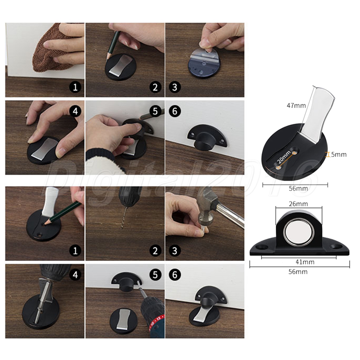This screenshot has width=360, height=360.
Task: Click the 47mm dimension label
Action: click(296, 105)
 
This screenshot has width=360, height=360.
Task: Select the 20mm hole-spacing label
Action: click(284, 157)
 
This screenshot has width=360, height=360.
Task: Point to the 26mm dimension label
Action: click(298, 204)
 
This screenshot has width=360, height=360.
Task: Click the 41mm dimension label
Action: click(305, 262)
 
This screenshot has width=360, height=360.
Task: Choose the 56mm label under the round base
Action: click(298, 189)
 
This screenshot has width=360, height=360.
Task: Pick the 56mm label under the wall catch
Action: click(298, 272)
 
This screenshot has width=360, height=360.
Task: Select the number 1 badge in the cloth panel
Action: click(75, 87)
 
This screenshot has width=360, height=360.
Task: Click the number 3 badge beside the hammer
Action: click(175, 251)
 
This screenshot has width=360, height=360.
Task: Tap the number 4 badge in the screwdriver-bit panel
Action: click(75, 275)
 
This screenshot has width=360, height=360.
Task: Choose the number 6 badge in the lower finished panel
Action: click(175, 275)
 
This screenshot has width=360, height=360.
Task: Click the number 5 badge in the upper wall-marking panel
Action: click(155, 111)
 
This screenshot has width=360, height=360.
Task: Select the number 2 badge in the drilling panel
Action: click(155, 251)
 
